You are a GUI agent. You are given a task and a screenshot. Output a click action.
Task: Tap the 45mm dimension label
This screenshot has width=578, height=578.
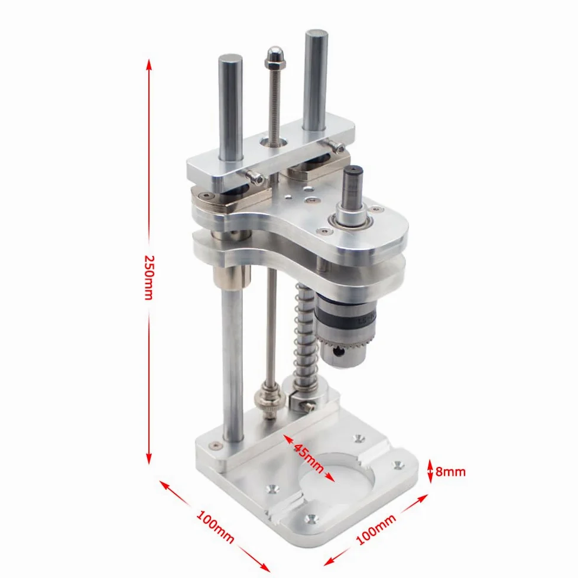309,457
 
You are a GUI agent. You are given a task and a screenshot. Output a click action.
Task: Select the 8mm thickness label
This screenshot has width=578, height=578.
450,472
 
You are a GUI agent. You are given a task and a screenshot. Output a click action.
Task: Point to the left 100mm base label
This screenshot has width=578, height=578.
215,526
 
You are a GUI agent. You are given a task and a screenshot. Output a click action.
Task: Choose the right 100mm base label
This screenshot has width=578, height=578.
376,530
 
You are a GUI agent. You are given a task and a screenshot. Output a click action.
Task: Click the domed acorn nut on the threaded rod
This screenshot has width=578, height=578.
275,55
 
